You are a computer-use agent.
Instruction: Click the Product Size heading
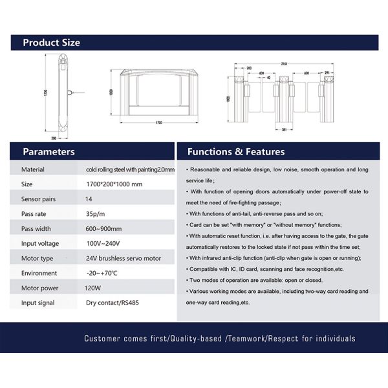coord(51,43)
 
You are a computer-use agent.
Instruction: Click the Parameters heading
coord(48,152)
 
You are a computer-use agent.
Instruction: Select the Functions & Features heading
coord(235,152)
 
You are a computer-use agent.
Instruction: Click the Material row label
coord(33,169)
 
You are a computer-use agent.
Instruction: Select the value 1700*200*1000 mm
coord(113,184)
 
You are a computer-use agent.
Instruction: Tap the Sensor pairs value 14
coord(89,199)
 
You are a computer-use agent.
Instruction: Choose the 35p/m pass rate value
coord(94,213)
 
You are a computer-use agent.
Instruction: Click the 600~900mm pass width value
coord(103,228)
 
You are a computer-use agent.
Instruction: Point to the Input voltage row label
coord(40,243)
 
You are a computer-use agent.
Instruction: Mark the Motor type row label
coord(38,258)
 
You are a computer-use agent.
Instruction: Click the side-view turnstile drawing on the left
coord(63,97)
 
